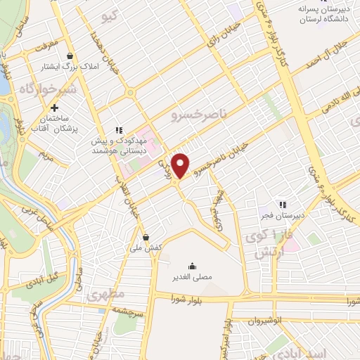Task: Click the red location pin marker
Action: [181, 165]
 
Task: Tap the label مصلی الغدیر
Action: [192, 277]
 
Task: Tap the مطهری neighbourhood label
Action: [105, 295]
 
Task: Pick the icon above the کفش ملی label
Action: [146, 237]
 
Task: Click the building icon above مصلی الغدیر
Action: [193, 266]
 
